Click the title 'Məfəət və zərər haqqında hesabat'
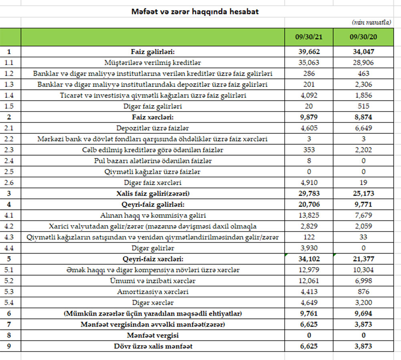(195, 12)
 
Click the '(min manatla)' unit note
(371, 22)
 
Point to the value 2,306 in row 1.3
(363, 84)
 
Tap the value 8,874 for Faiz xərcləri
(363, 117)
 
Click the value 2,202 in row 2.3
(363, 150)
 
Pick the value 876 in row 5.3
(363, 292)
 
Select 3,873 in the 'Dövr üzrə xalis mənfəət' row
(363, 346)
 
